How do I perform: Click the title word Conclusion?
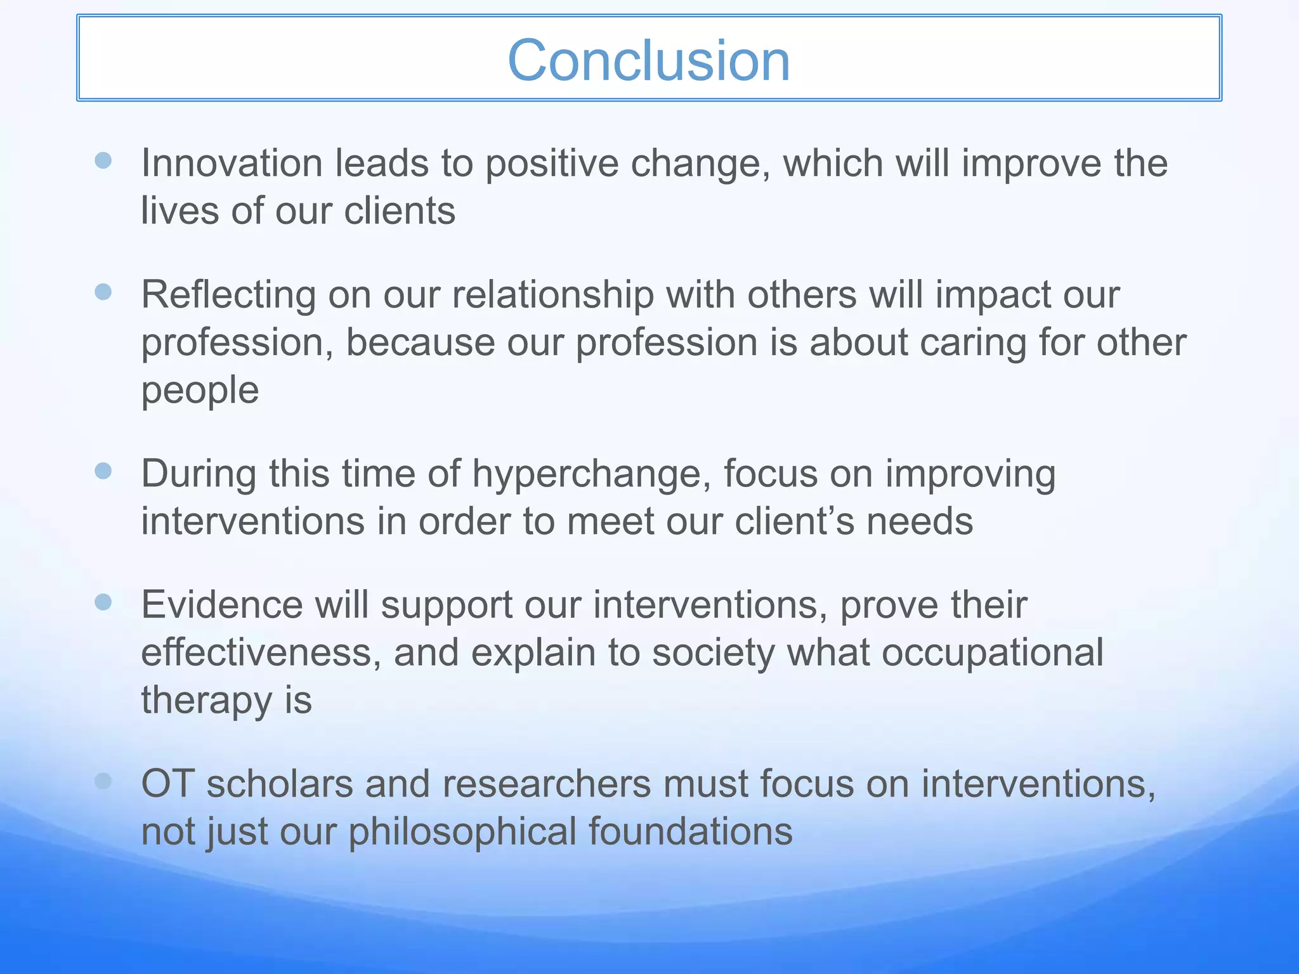pos(649,60)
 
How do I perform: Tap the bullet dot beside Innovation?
pos(103,160)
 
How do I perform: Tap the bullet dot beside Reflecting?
pos(103,292)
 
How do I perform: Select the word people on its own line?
pos(200,391)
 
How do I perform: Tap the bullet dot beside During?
pos(103,471)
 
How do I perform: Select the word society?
pos(714,653)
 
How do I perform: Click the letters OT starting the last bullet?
pos(167,784)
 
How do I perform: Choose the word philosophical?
pos(462,832)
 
